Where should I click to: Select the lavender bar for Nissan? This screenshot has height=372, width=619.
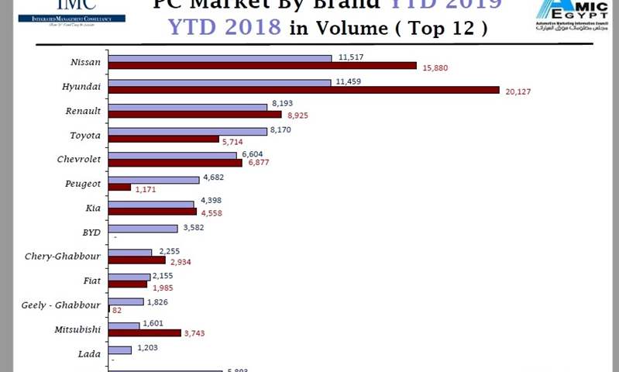[x=219, y=58]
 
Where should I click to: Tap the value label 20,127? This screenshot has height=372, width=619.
[x=518, y=91]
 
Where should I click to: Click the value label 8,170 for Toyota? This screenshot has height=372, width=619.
[x=279, y=131]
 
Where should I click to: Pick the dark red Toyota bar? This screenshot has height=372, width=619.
[x=163, y=139]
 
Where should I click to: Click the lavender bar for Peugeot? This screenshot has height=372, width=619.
[x=153, y=180]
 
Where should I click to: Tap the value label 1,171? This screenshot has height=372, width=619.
[x=146, y=189]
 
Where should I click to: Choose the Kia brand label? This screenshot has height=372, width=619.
[x=92, y=208]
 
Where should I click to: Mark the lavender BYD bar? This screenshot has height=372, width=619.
[x=143, y=229]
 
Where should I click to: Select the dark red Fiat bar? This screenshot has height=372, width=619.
[x=127, y=284]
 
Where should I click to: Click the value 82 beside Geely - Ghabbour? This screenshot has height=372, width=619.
[x=117, y=310]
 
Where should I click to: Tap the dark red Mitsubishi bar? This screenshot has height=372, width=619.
[x=144, y=333]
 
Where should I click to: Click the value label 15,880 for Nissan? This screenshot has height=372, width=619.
[x=436, y=67]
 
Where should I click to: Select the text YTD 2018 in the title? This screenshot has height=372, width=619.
[x=225, y=28]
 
